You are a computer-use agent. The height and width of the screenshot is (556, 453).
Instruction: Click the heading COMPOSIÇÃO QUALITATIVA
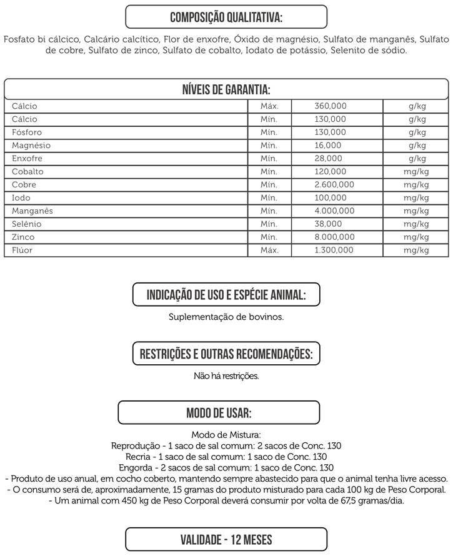tap(226, 16)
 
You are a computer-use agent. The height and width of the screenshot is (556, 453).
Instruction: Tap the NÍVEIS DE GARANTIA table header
tap(226, 89)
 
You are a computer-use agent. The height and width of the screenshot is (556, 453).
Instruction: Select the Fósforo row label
tap(27, 132)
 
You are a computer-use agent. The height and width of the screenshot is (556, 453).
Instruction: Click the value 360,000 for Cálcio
tap(330, 106)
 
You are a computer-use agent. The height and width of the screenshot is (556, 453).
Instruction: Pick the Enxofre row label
tap(27, 159)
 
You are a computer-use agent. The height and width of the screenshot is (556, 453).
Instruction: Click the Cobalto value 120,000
tap(330, 172)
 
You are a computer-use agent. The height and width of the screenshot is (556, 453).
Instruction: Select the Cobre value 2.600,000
tap(334, 185)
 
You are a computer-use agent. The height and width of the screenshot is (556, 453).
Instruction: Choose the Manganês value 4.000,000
tap(334, 211)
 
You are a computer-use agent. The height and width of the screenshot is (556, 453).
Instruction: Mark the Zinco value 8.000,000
tap(334, 237)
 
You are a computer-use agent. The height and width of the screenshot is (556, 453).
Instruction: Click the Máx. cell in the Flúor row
tap(269, 251)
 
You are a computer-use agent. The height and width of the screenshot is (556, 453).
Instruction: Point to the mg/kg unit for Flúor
tap(416, 251)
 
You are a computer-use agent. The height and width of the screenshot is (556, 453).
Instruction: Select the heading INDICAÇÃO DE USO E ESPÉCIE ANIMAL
tap(226, 294)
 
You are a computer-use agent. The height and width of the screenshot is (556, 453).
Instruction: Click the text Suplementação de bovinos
tap(226, 317)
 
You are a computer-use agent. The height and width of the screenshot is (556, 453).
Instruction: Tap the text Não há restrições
tap(226, 376)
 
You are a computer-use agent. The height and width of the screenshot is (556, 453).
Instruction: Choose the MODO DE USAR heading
tap(219, 413)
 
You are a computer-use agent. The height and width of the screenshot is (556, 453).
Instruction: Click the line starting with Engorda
tap(226, 467)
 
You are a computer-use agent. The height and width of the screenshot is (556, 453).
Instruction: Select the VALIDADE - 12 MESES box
tap(226, 539)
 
